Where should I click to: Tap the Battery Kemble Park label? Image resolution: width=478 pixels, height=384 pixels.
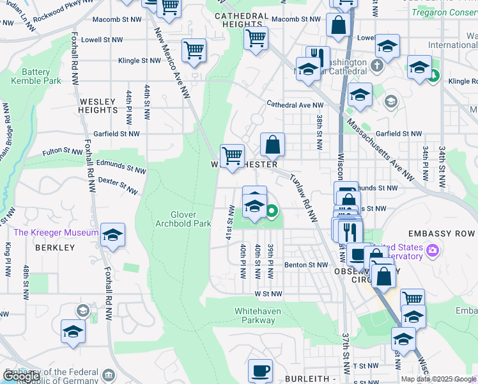click(36, 77)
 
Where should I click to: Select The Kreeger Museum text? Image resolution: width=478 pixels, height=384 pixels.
click(56, 233)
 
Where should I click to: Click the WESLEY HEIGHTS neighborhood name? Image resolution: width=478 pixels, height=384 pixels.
click(98, 106)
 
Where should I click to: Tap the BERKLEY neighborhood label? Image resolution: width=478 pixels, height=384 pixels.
click(55, 247)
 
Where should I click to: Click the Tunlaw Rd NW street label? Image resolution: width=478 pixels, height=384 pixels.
click(303, 199)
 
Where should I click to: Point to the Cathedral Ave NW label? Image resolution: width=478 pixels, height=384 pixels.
click(295, 104)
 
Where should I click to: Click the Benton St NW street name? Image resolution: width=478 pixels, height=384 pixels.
click(305, 264)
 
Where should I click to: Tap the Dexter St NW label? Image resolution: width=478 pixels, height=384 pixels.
click(118, 186)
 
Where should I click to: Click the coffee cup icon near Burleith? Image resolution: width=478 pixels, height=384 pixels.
click(260, 370)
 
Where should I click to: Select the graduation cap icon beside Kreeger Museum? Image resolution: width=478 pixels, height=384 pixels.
click(112, 235)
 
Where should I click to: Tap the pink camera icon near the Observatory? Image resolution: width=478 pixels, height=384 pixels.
click(433, 248)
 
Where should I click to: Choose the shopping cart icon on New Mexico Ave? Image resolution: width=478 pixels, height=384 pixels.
click(194, 50)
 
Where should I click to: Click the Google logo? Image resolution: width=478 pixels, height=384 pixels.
click(21, 376)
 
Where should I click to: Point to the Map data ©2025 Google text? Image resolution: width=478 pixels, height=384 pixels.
click(438, 379)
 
